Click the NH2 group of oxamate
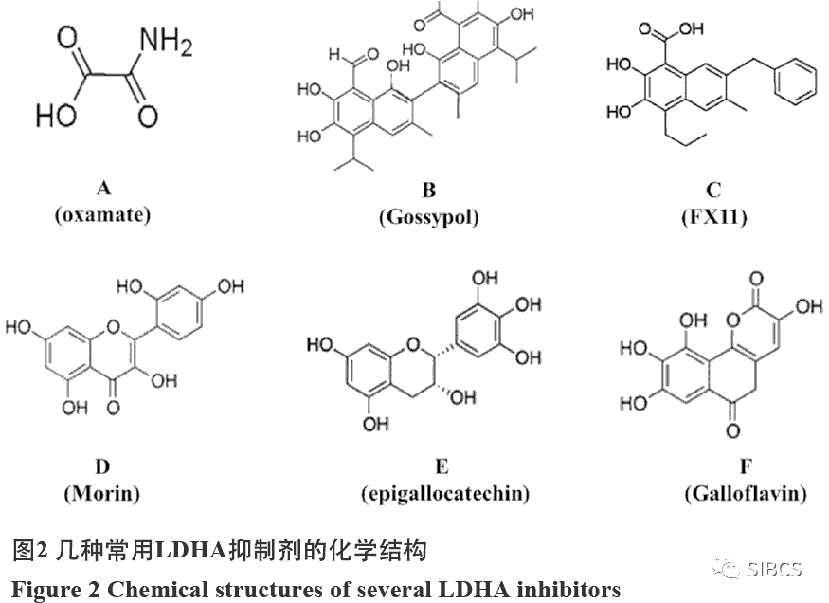(166, 42)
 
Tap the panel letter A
(104, 189)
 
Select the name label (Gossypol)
(429, 217)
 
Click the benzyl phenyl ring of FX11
(795, 82)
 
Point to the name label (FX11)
(713, 217)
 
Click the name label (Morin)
(102, 494)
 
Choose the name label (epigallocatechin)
(445, 494)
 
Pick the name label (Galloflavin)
(746, 494)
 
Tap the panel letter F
(746, 466)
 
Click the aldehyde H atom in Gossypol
(334, 54)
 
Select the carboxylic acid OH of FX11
(692, 28)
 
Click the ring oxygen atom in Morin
(113, 326)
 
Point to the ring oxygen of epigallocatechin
(413, 345)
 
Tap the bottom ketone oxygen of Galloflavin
(732, 430)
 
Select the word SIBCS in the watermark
(775, 569)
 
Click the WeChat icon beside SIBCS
(727, 568)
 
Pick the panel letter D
(102, 466)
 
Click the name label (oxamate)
(102, 215)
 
